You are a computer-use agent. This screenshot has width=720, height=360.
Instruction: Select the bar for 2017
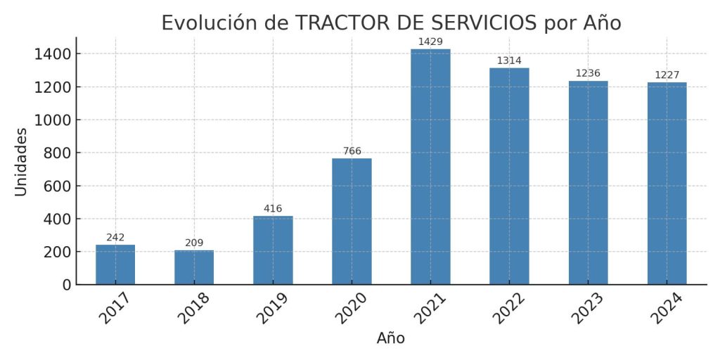(x=115, y=264)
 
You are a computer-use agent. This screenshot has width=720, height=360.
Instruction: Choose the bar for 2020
(x=352, y=221)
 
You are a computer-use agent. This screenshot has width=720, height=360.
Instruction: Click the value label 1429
(x=430, y=42)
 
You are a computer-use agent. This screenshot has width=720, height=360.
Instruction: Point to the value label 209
(x=194, y=243)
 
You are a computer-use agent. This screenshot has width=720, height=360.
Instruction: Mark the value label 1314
(x=509, y=61)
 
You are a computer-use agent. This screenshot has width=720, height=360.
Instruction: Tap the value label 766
(x=352, y=151)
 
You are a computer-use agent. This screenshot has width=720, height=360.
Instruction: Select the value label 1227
(x=667, y=75)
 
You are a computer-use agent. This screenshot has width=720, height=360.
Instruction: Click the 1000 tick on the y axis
(x=52, y=120)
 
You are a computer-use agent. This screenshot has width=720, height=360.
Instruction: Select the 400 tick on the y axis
(x=56, y=219)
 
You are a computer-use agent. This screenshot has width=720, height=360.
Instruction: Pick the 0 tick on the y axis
(x=66, y=285)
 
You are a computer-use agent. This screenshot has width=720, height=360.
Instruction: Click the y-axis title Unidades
(x=21, y=162)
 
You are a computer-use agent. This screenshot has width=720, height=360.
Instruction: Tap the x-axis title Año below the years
(x=391, y=338)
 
